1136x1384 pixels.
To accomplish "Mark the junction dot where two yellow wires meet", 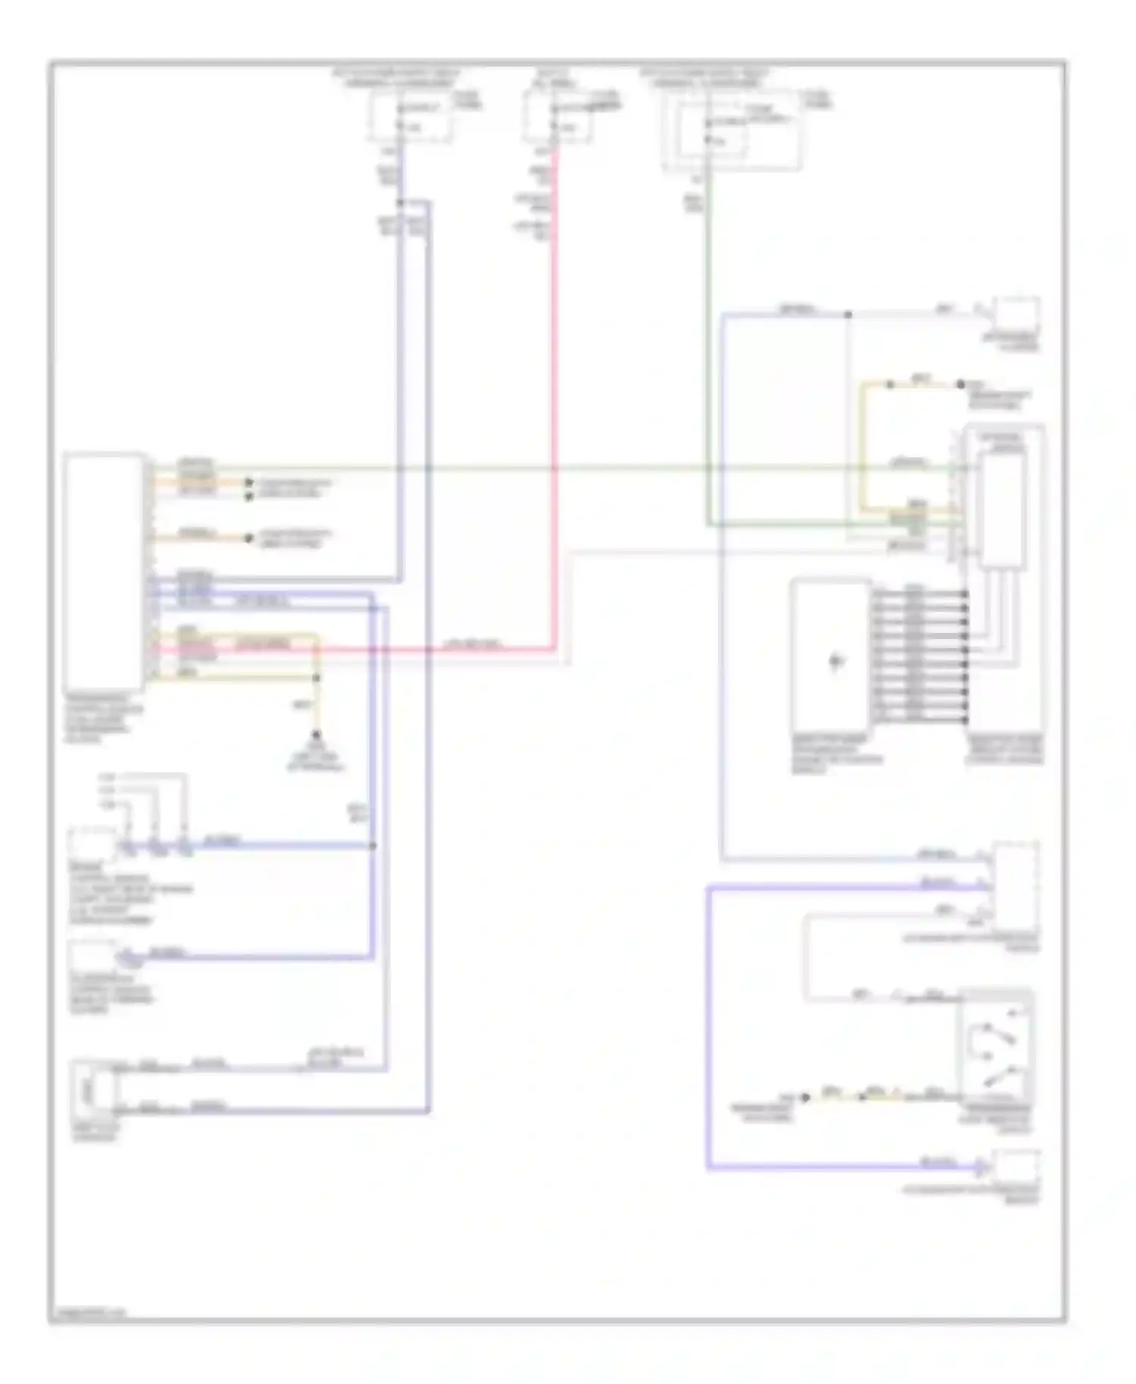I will click(317, 678).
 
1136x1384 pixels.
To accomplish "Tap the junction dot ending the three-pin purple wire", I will click(373, 846).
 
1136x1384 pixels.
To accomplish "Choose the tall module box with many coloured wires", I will click(105, 571).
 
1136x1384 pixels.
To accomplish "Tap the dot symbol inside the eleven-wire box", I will click(836, 661).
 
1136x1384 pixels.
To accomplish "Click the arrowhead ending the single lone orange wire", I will click(248, 538).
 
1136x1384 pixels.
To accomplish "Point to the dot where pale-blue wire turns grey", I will click(848, 314).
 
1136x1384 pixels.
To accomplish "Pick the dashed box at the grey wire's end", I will click(1016, 314).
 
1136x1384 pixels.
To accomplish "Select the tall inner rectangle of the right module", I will click(1001, 511).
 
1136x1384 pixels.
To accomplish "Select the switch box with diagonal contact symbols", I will click(995, 1046).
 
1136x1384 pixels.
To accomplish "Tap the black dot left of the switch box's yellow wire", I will click(806, 1097).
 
